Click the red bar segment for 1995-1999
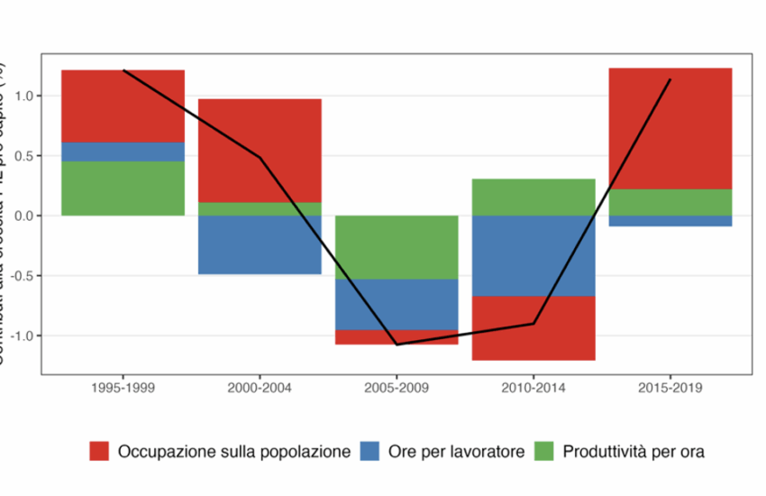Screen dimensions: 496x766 (123, 106)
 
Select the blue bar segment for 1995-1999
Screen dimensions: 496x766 (123, 152)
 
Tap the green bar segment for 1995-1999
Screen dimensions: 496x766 (123, 188)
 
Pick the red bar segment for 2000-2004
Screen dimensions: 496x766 (260, 150)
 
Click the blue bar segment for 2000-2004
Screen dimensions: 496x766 (260, 244)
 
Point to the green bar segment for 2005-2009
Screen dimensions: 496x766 (397, 247)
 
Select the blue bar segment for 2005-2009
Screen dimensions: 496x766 (397, 304)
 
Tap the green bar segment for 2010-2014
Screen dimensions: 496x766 (533, 197)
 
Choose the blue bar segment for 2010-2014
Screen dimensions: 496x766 (533, 255)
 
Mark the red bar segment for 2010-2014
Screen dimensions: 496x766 (533, 328)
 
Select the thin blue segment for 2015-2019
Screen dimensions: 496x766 (670, 221)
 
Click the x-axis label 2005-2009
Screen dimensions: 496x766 (397, 389)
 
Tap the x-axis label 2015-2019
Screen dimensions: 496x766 (670, 389)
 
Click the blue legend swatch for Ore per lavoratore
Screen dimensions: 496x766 (374, 451)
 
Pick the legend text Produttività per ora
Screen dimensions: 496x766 (634, 451)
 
